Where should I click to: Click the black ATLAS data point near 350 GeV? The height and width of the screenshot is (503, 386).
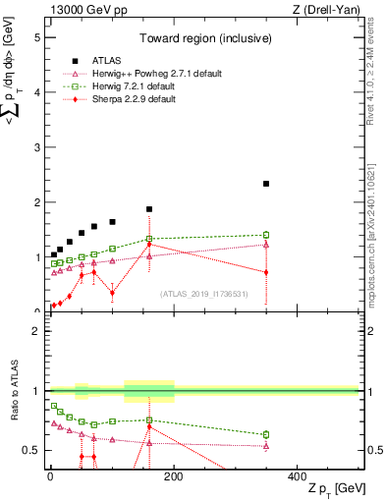coord(349,184)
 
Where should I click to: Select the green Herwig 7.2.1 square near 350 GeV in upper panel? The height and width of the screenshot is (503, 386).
coord(349,235)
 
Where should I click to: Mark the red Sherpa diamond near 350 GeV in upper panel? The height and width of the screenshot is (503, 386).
coord(349,272)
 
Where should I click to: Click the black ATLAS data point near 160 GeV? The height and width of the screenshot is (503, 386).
coord(149,209)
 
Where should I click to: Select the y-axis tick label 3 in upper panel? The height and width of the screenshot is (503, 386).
coord(37,147)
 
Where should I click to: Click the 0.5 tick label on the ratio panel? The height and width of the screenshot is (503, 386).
coord(32,450)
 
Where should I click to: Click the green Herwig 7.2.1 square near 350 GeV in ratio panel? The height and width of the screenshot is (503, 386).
coord(349,434)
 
